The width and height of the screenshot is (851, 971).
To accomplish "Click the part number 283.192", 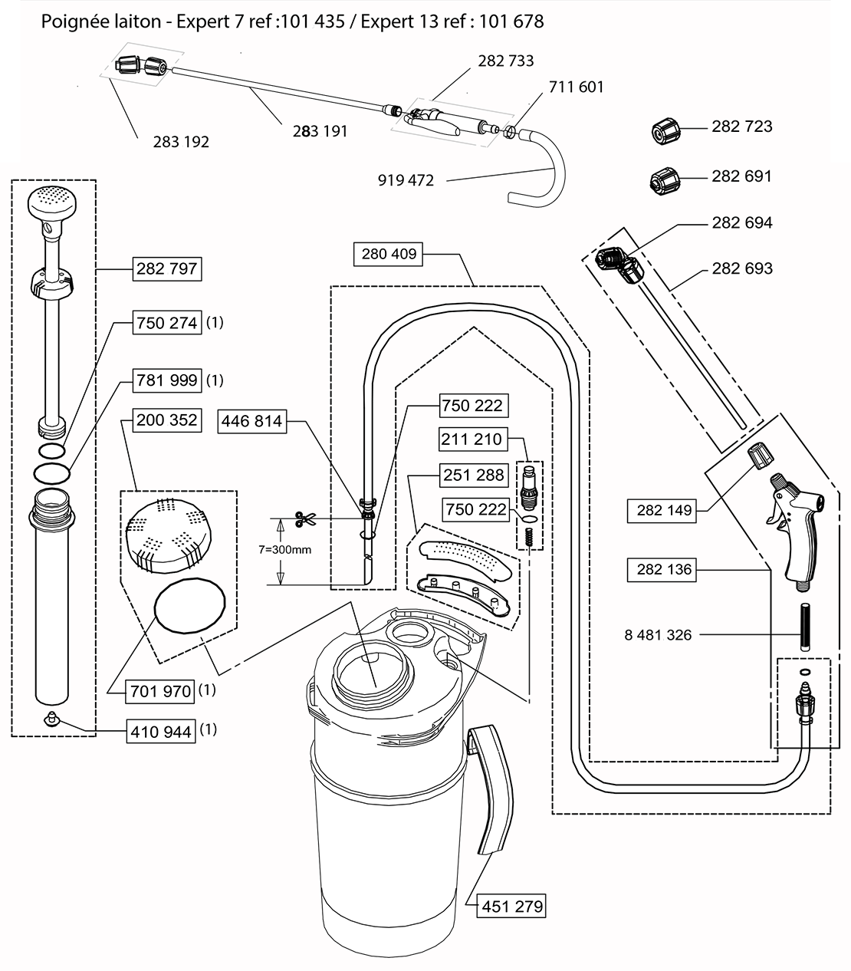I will (181, 142).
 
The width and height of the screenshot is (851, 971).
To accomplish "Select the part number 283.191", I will (320, 131).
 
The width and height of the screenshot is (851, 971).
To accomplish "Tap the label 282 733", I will (505, 61).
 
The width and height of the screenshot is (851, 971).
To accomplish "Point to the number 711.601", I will (577, 87).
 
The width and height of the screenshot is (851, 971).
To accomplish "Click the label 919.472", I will (406, 181).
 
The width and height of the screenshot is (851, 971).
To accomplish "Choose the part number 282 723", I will (741, 127).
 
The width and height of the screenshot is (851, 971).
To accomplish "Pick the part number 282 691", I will (741, 177).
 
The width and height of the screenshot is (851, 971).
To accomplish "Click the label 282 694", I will (741, 223).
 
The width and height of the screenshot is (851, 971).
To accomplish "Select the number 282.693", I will (741, 268).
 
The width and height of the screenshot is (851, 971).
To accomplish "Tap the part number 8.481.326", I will (658, 635).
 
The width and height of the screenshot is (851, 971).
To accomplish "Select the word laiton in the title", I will (138, 22).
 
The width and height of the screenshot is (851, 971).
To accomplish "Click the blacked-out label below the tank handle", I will (511, 905).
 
